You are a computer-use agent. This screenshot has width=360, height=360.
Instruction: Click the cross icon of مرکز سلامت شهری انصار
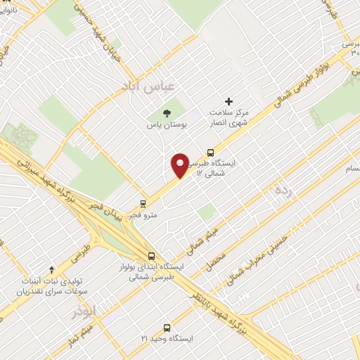229,101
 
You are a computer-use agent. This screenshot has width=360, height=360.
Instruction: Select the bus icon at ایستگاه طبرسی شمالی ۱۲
210,152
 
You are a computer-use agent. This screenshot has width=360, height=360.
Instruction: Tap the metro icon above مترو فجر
143,202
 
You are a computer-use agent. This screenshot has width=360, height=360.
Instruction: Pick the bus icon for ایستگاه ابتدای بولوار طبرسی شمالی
151,256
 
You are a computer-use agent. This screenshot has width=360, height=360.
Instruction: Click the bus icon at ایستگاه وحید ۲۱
167,327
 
